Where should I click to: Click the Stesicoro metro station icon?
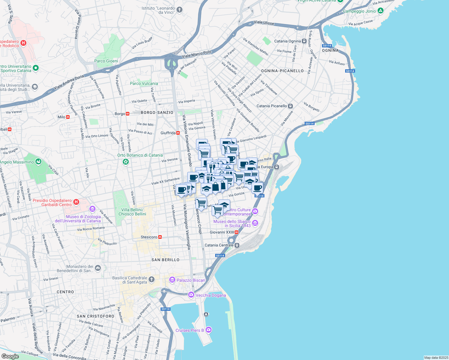tap(160, 237)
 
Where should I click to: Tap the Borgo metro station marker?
tap(128, 114)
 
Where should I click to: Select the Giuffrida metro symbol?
tap(178, 133)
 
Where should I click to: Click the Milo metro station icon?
tap(68, 117)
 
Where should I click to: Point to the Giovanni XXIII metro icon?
tap(237, 232)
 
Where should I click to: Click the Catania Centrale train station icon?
tap(237, 245)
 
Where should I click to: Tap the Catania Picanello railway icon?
tap(290, 106)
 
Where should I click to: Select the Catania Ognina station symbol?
tap(304, 41)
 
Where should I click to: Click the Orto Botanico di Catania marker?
tap(126, 162)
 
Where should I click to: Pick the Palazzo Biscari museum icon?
tap(172, 280)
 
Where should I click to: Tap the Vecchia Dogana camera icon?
tap(191, 295)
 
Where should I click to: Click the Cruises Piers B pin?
tap(209, 330)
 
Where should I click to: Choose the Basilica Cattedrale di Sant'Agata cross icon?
tap(152, 280)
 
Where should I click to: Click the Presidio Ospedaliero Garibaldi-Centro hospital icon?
tap(76, 202)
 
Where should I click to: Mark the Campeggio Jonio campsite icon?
tap(381, 11)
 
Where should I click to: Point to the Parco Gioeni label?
tap(106, 61)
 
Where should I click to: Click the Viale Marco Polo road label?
tap(197, 54)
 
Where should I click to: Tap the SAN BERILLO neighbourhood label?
tap(165, 260)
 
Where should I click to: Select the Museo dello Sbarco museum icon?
tap(255, 223)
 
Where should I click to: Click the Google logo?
tap(10, 356)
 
